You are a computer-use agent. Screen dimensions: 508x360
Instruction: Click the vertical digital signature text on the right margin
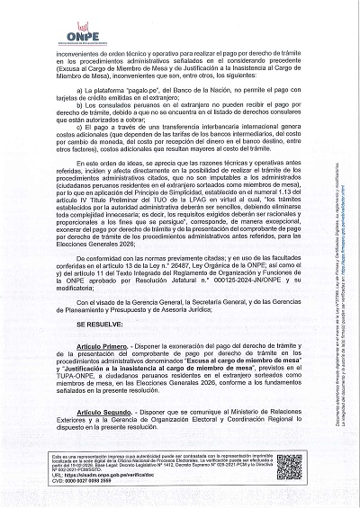pos(342,252)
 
